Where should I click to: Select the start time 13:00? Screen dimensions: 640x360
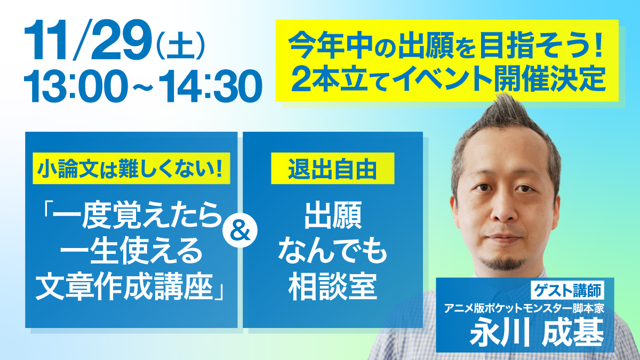[76, 86]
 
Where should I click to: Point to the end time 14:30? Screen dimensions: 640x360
[210, 86]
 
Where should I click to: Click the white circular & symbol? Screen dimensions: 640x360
[240, 230]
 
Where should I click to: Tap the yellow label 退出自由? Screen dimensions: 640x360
[333, 169]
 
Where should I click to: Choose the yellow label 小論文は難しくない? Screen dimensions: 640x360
[131, 169]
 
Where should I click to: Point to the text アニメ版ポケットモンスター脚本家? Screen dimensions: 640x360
[524, 309]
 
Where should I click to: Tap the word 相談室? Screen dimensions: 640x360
[333, 287]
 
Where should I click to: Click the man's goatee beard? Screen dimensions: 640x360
[503, 263]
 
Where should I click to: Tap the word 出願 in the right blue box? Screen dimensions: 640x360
[333, 215]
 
